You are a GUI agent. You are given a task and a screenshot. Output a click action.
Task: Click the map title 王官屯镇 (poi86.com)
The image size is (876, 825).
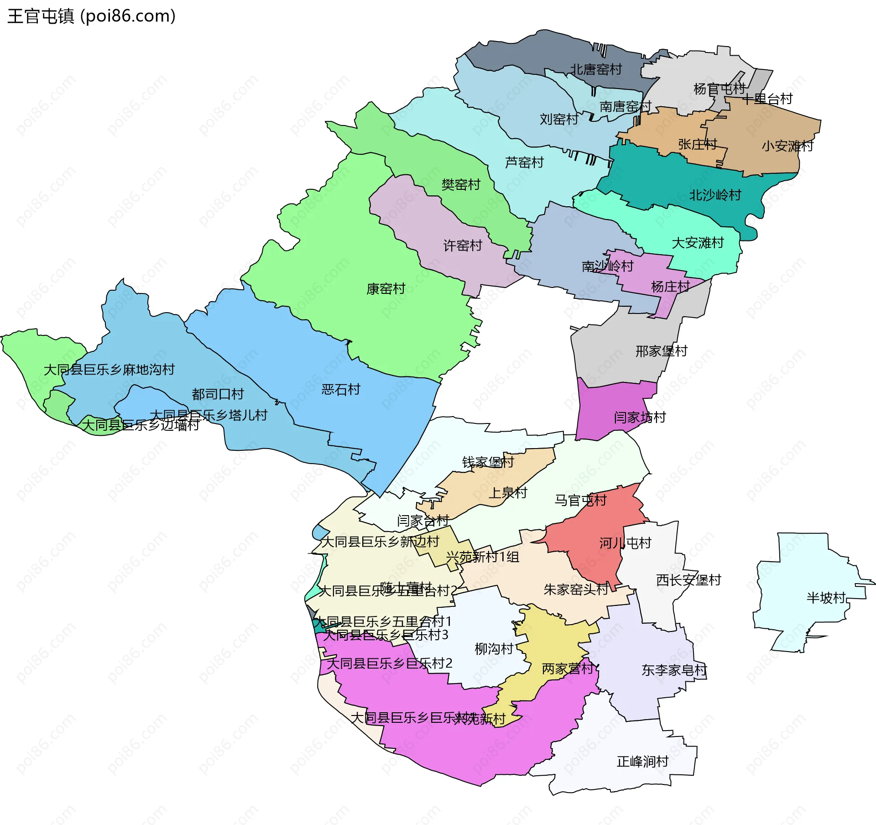click(x=91, y=16)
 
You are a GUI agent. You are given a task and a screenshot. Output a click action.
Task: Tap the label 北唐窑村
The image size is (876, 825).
click(x=596, y=69)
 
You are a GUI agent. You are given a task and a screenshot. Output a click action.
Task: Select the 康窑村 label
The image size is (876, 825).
click(x=386, y=289)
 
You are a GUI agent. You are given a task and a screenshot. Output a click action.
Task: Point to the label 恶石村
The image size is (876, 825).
click(x=341, y=389)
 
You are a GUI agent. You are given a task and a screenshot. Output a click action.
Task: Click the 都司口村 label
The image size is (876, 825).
click(x=218, y=394)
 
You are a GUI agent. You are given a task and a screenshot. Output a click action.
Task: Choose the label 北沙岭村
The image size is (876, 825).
click(x=715, y=195)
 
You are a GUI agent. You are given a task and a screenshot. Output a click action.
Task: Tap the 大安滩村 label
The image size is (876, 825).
click(x=698, y=243)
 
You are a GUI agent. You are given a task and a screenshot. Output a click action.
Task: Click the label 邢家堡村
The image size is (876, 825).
click(x=661, y=351)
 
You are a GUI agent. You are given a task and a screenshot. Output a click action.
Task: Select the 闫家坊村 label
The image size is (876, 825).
click(x=640, y=417)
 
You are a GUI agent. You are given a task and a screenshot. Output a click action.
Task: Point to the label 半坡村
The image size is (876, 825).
click(x=826, y=598)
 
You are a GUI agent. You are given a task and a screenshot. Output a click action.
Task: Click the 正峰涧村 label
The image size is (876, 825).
click(x=642, y=762)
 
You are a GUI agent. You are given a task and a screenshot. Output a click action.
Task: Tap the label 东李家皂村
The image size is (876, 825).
click(x=674, y=670)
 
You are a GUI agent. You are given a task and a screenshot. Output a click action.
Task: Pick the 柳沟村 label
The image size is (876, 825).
click(x=494, y=649)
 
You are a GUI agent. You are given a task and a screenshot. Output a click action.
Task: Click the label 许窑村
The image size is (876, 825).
click(x=463, y=245)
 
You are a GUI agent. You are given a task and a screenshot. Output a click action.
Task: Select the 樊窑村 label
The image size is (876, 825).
click(x=461, y=185)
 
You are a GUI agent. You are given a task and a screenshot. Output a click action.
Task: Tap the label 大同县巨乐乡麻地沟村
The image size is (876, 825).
click(x=109, y=369)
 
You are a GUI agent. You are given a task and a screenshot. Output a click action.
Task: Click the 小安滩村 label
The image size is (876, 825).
click(x=787, y=146)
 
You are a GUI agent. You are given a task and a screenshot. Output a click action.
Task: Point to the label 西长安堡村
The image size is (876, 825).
click(x=688, y=580)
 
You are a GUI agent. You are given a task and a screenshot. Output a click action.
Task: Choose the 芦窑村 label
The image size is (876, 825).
click(x=524, y=162)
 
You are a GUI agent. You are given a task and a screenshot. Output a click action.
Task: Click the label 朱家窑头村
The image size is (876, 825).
click(x=576, y=590)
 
